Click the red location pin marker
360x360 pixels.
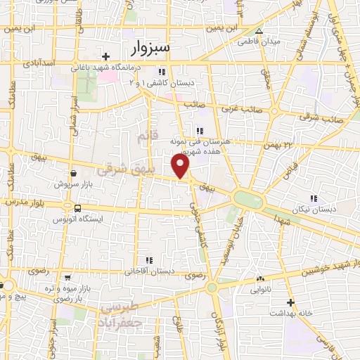tap(181, 166)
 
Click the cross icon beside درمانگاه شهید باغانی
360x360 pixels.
tap(105, 56)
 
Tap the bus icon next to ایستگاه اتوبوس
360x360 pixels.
tap(77, 208)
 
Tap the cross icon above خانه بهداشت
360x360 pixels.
tap(290, 302)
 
